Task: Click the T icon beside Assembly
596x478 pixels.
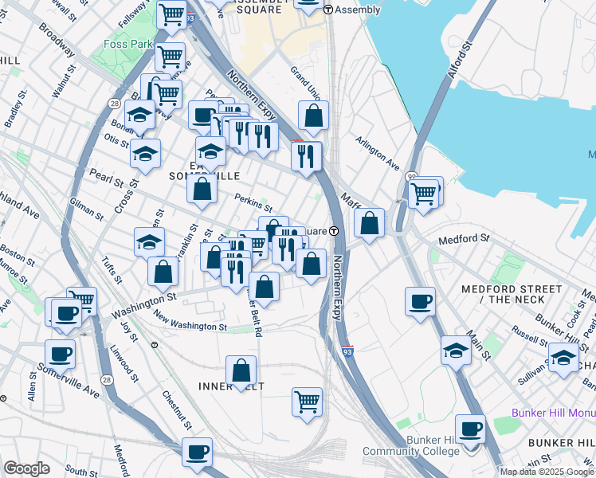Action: pos(329,9)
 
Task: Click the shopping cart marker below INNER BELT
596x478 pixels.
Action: pos(307,402)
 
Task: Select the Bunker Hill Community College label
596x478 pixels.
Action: pos(412,446)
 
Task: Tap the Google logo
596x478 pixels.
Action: pos(26,468)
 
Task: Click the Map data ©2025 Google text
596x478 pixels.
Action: pos(547,472)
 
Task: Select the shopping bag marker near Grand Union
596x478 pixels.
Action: pos(314,116)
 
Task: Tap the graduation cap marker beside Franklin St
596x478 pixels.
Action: pos(149,242)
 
